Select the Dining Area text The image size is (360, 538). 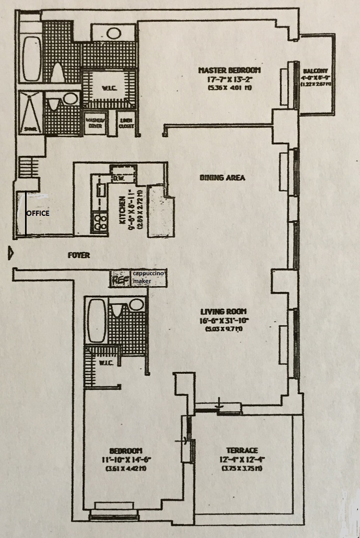[222, 178]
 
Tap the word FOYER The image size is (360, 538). [79, 255]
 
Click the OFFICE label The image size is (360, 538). [38, 213]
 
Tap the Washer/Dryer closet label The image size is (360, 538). [94, 122]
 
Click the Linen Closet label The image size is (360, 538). [125, 122]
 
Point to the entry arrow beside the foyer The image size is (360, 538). [10, 254]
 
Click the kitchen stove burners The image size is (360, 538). [99, 223]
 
